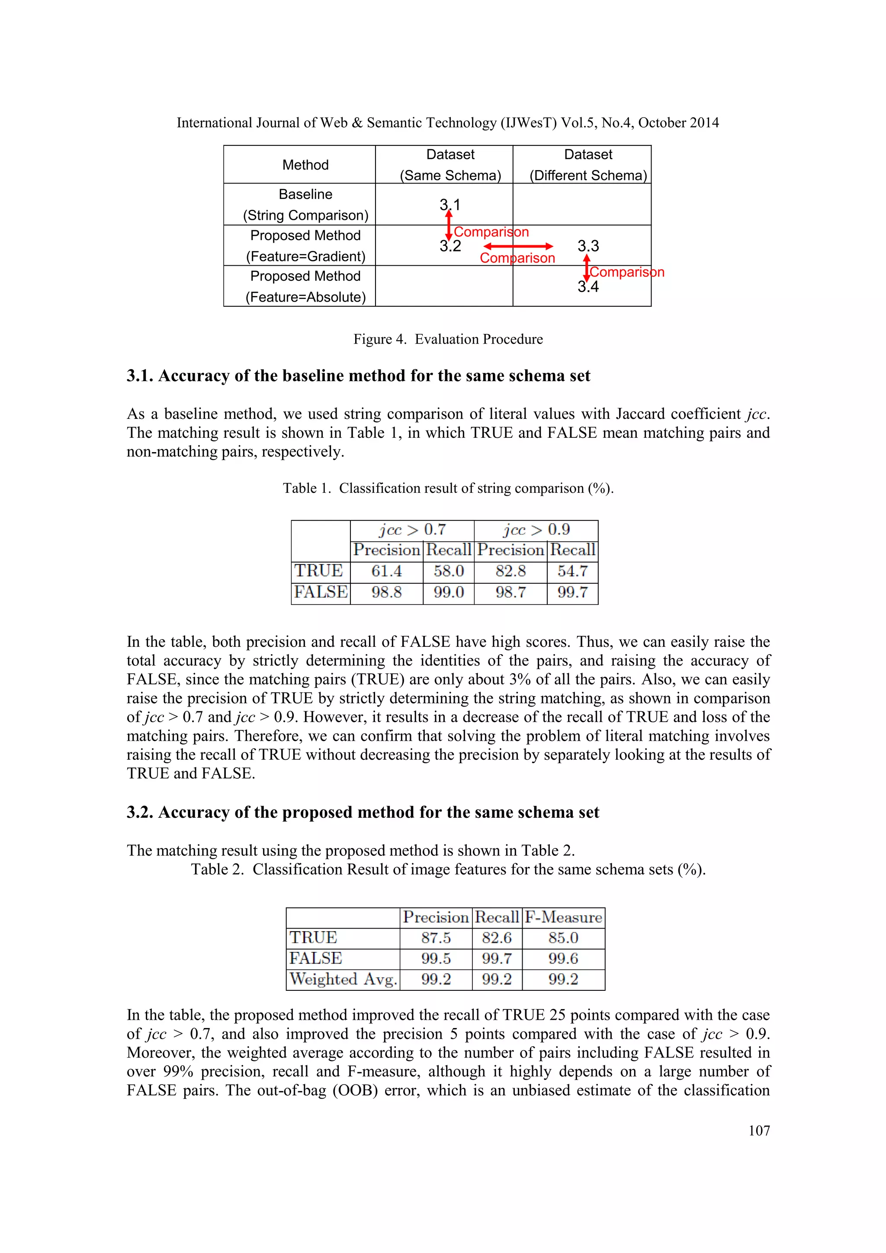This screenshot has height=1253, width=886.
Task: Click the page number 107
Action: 759,1130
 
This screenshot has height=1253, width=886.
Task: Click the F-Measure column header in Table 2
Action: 563,917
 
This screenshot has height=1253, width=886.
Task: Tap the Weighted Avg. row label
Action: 343,979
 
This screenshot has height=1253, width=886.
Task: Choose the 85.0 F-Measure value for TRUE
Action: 563,938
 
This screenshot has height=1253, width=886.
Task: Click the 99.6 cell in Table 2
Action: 563,958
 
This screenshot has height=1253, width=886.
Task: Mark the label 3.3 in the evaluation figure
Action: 588,246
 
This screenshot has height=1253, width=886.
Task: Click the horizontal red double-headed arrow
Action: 518,247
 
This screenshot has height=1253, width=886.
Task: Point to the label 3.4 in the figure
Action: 587,287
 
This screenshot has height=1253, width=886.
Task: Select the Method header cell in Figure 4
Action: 305,165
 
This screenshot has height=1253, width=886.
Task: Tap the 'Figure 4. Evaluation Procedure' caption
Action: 448,340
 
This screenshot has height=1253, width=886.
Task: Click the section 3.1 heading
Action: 359,376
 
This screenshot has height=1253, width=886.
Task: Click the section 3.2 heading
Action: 363,813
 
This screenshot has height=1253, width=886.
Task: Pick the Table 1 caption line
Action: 448,488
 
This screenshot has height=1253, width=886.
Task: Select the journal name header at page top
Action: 447,123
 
